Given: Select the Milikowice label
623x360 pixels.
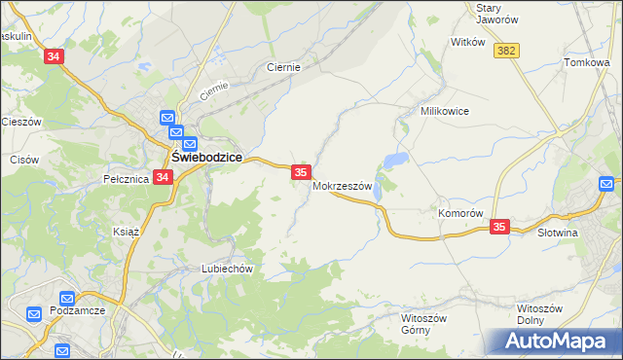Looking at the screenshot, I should coord(445,111).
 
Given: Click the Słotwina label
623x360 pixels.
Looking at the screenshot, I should coord(558,233).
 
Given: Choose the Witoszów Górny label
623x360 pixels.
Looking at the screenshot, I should coord(423,323).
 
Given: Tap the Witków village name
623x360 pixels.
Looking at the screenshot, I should coord(467,43).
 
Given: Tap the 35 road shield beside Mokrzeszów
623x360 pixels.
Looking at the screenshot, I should coord(301,172).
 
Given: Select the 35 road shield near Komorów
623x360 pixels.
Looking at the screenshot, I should coord(499,227).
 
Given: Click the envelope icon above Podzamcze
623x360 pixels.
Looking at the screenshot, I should coord(67,299).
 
